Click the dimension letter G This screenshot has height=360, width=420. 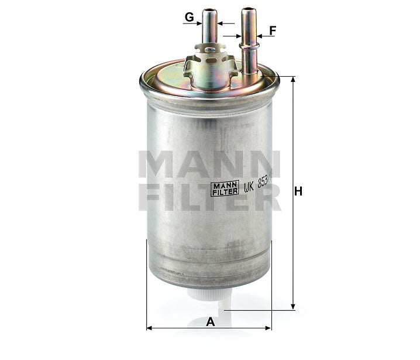pos(189,17)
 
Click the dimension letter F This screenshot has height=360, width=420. pos(273,29)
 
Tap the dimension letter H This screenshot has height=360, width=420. pos(298,191)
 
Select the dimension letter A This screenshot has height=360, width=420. pos(211,321)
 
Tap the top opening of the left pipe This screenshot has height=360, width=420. pos(209,11)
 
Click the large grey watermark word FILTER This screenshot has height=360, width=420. pos(209,198)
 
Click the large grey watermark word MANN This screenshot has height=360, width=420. pos(209,164)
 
